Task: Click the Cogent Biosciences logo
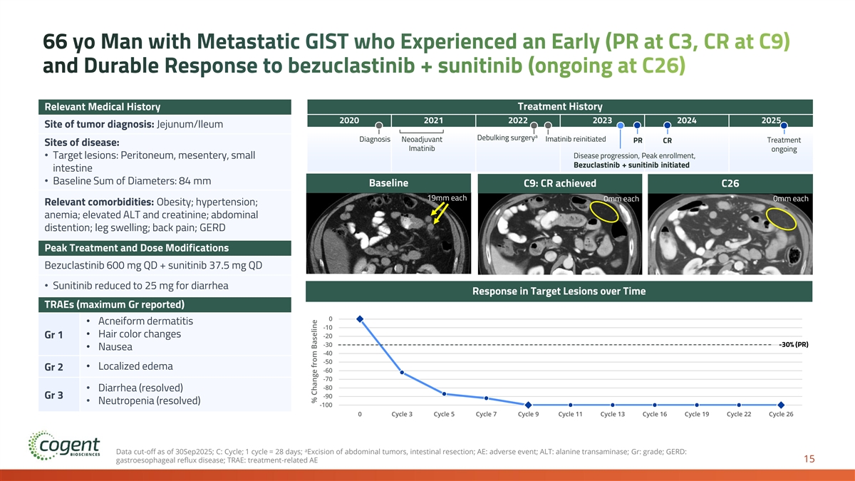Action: (64, 448)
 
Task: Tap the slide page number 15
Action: (809, 460)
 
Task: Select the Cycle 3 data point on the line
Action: (402, 372)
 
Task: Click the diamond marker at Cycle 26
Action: (781, 405)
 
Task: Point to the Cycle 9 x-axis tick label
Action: (528, 414)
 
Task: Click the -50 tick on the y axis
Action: (328, 363)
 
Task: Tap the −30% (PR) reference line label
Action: (792, 345)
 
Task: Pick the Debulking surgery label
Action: (506, 138)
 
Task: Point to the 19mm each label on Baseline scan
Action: (446, 197)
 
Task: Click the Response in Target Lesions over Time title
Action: (559, 291)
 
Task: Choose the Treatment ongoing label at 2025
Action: (783, 145)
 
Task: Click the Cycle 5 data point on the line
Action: (444, 394)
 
